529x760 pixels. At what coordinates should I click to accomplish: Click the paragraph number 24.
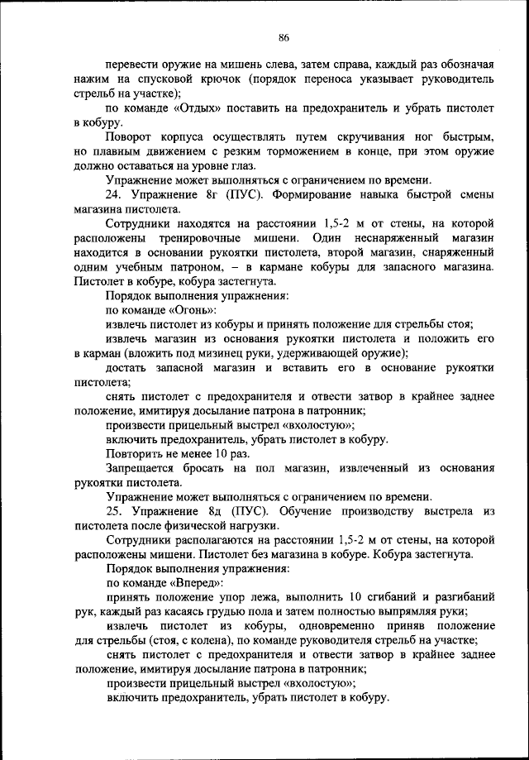[115, 194]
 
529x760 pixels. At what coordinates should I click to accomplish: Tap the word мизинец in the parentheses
[245, 353]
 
